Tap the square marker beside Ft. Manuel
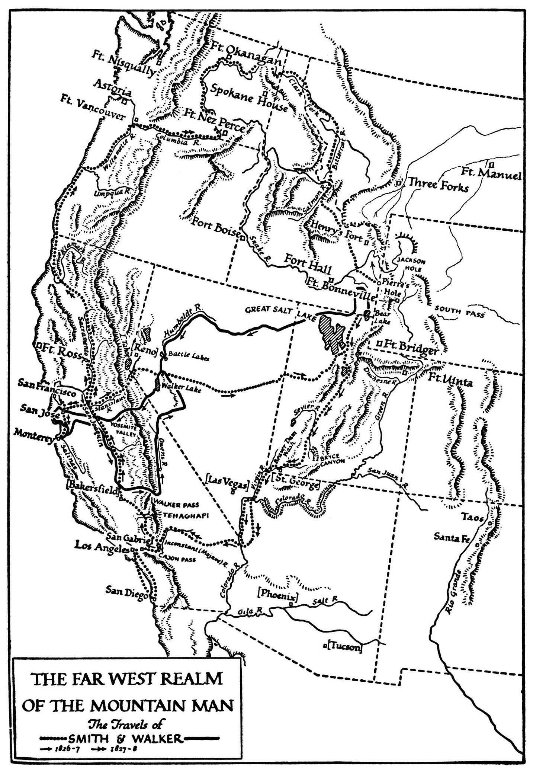[x=491, y=164]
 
